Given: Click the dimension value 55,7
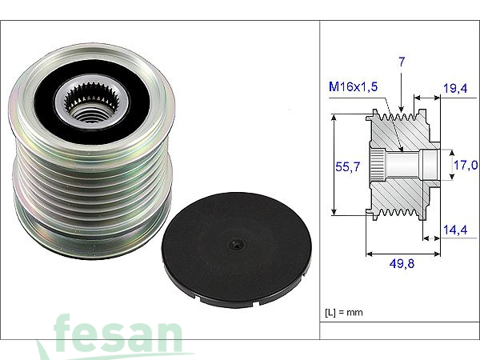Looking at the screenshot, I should point(347,166).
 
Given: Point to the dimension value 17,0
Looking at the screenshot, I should point(466,166).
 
